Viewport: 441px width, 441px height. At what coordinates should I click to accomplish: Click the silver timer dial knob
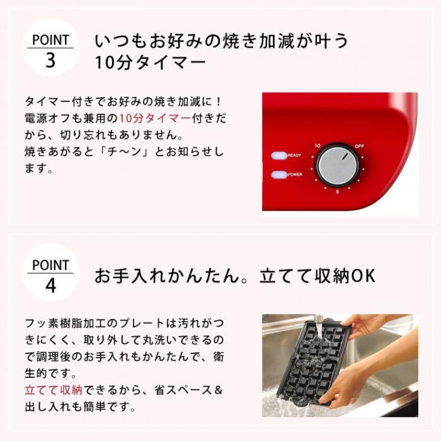tap(336, 165)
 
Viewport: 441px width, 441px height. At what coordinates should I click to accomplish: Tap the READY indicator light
tap(278, 156)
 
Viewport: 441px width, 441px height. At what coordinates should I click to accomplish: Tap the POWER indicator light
tap(278, 175)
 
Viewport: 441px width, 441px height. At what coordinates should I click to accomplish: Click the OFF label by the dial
tap(359, 146)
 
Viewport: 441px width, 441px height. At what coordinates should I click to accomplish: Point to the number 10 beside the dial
tap(318, 146)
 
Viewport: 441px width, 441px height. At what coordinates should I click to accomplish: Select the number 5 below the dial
tap(337, 192)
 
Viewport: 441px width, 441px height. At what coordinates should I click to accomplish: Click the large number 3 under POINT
tap(50, 60)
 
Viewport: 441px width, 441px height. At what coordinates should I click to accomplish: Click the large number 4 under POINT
tap(50, 285)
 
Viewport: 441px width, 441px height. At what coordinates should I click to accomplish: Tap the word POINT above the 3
tap(50, 40)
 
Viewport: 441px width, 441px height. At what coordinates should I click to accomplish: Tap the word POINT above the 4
tap(50, 265)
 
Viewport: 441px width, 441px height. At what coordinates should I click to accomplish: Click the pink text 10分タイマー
tap(155, 118)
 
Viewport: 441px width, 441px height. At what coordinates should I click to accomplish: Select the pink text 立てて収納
tap(54, 390)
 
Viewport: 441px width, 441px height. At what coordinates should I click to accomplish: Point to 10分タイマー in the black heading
tap(151, 62)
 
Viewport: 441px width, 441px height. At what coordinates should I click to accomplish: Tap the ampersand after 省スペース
tap(218, 390)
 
